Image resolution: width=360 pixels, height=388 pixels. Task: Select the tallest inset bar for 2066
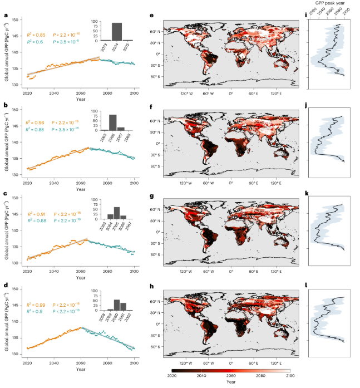coord(113,122)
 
